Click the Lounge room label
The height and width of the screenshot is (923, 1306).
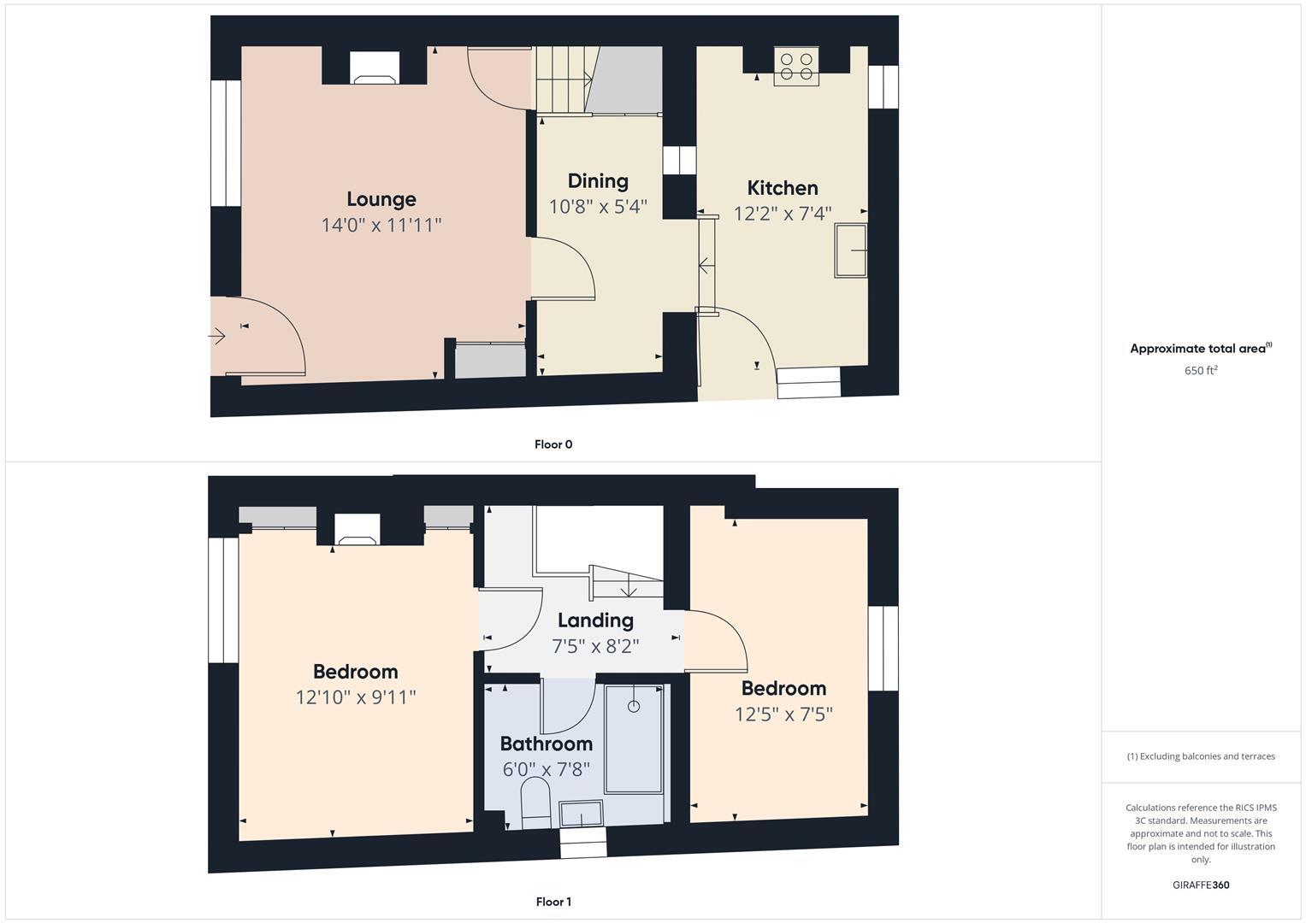381,199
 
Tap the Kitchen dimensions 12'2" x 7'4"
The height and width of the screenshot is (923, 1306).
782,214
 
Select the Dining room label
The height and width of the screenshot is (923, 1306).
598,181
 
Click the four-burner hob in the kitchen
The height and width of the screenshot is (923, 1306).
795,67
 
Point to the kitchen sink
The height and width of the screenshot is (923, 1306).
851,250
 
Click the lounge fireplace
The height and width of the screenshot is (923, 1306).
375,68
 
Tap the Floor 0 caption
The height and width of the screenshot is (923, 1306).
553,444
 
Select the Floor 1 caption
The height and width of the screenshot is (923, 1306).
553,902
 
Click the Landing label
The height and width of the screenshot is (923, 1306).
595,620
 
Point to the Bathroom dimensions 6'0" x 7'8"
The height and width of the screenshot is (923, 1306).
546,769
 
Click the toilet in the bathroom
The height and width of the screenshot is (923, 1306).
536,802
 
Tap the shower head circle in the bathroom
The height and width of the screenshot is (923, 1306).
633,706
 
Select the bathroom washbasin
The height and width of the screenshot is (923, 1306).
581,814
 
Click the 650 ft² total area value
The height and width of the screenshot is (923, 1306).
1201,371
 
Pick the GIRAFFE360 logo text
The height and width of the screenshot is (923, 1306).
1201,885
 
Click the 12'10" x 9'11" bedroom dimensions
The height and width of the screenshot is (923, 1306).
356,697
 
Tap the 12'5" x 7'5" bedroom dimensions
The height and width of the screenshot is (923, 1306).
783,714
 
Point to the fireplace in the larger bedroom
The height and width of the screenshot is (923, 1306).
357,530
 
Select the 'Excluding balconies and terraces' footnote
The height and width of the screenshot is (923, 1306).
1201,756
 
